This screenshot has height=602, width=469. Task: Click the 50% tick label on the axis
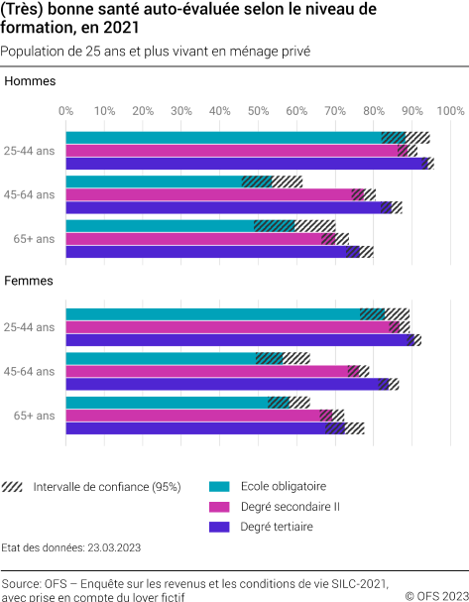tap(258, 110)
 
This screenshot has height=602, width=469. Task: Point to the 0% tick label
tap(66, 110)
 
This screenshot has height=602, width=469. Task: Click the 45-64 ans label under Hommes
tap(30, 194)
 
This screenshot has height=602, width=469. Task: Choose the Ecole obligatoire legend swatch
tap(220, 486)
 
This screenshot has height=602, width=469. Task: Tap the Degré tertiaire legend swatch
tap(220, 527)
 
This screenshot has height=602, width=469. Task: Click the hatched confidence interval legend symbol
tap(14, 486)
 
